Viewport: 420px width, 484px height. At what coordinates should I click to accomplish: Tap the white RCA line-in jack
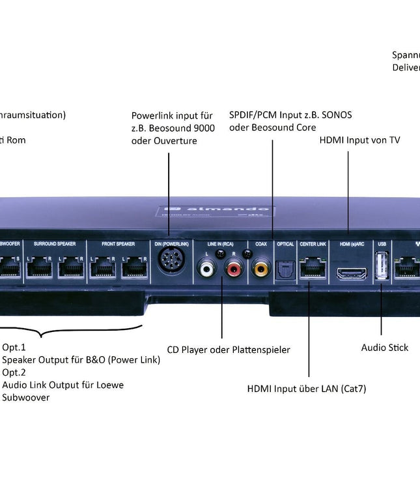[208, 267]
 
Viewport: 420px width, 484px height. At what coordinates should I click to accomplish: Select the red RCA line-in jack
[233, 267]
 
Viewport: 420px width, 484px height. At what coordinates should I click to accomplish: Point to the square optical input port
[285, 269]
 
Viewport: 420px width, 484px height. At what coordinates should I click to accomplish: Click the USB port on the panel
[382, 267]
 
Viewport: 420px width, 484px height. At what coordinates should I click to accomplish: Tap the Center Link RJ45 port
[313, 268]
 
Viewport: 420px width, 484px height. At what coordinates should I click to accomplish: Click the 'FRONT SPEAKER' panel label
[119, 243]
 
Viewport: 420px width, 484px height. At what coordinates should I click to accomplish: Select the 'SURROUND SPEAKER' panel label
[55, 243]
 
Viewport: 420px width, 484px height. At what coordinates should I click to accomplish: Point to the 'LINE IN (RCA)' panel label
[220, 243]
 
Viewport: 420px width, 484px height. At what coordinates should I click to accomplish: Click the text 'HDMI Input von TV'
[359, 140]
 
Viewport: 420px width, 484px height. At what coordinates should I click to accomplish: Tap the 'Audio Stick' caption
[385, 348]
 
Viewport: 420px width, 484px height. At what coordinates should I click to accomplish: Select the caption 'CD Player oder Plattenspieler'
[229, 350]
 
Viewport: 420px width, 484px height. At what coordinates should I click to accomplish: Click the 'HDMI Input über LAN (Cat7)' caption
[307, 389]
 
